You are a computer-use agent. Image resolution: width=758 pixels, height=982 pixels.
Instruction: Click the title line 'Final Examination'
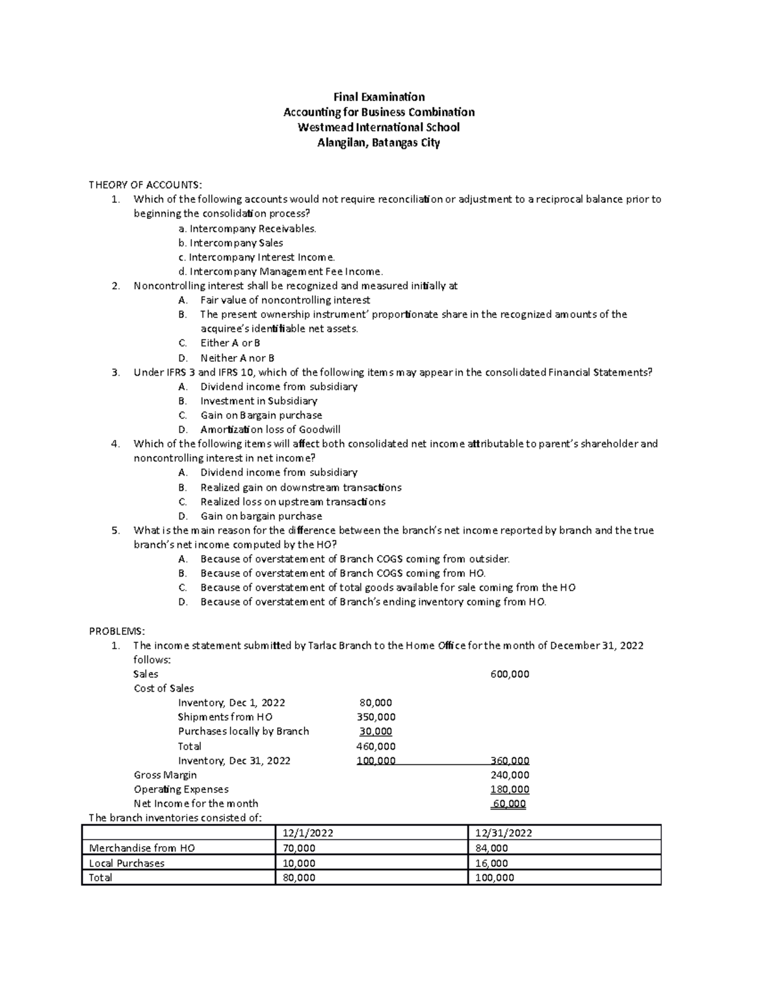tap(379, 97)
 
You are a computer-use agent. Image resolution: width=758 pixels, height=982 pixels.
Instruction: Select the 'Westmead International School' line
tap(379, 127)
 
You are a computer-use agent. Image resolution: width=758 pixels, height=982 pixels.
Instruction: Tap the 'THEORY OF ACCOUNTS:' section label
tap(145, 185)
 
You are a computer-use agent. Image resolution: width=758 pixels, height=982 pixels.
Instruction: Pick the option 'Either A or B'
tap(230, 343)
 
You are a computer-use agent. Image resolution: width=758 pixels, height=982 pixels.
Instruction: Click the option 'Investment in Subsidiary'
tap(258, 401)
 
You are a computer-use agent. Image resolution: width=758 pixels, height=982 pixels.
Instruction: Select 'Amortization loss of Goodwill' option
tap(270, 429)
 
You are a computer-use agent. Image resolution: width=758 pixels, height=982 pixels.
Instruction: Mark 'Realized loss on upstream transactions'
tap(292, 501)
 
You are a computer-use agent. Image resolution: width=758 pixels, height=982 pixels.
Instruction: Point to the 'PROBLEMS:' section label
tap(117, 631)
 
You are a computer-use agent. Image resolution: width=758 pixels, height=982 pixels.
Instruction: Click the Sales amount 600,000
tap(510, 674)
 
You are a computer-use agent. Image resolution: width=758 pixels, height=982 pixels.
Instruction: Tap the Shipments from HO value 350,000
tap(376, 717)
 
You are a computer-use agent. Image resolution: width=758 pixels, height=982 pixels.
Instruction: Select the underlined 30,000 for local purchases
tap(376, 732)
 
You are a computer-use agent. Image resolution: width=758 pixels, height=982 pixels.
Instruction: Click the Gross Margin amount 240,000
tap(510, 775)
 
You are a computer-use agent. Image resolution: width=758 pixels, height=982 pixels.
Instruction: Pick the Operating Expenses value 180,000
tap(510, 789)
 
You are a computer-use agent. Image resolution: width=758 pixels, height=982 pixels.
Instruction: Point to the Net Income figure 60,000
tap(510, 804)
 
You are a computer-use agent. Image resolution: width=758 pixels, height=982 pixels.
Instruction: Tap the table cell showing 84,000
tap(491, 849)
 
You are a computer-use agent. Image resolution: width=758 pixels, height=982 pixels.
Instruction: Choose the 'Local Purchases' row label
tap(127, 863)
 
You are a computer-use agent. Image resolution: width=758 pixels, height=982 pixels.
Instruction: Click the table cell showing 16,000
tap(491, 863)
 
